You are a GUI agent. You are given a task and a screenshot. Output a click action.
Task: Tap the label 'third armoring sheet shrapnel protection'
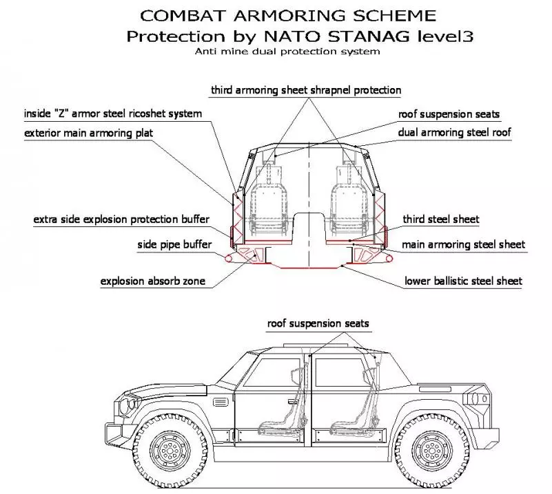pyautogui.click(x=306, y=90)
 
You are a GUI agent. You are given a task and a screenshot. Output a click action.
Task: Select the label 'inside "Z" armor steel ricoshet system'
pyautogui.click(x=113, y=114)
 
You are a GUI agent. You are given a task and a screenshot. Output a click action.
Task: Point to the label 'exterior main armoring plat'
pyautogui.click(x=88, y=132)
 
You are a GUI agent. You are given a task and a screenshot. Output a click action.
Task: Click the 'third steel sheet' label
pyautogui.click(x=441, y=219)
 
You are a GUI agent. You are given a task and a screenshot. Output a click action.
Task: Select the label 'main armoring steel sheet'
pyautogui.click(x=463, y=244)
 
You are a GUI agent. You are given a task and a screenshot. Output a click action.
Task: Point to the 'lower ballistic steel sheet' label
pyautogui.click(x=463, y=281)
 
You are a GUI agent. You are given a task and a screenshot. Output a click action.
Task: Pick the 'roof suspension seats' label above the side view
pyautogui.click(x=319, y=323)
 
